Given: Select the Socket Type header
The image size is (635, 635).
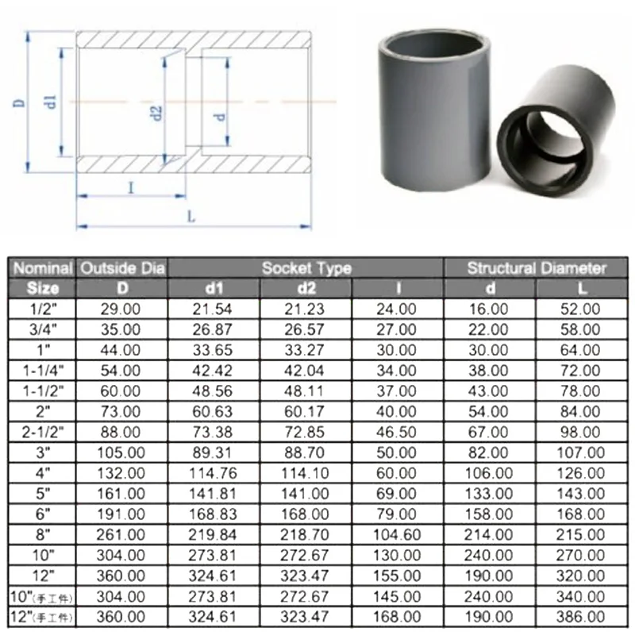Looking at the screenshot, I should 306,268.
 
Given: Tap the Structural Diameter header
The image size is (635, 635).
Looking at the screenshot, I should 537,268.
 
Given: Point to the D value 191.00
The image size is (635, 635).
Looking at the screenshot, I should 121,514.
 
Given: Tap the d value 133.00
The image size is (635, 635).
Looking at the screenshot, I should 490,494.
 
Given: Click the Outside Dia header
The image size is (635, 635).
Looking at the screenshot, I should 121,268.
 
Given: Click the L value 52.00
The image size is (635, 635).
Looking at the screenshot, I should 580,308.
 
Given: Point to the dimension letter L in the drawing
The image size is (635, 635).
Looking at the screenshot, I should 191,215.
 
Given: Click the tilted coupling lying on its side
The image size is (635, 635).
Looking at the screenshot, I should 560,135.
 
